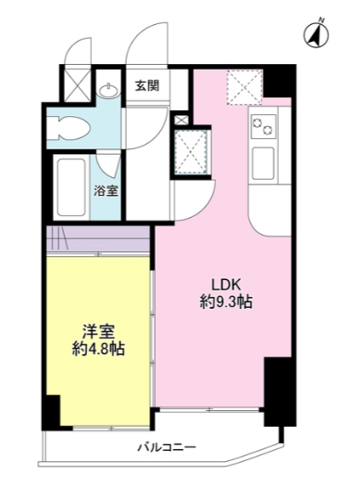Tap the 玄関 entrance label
(146, 87)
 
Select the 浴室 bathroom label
(106, 191)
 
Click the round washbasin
(109, 90)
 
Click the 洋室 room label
(98, 331)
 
